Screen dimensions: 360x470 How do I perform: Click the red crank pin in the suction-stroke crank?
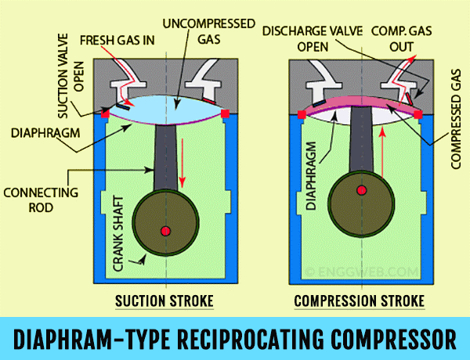[165, 230]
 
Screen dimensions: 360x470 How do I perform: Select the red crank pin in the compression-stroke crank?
[361, 190]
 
